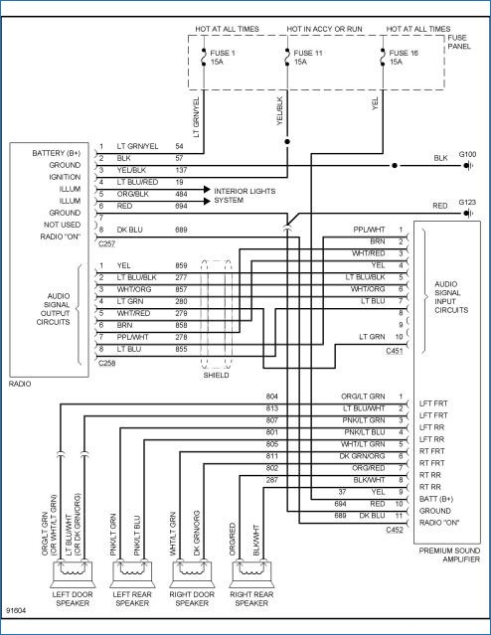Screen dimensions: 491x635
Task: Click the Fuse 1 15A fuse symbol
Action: (204, 57)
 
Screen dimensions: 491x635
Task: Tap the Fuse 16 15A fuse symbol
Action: (383, 57)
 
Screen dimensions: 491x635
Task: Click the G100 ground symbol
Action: (469, 166)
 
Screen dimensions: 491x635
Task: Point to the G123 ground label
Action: (467, 202)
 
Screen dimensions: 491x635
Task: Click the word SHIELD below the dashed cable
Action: (216, 375)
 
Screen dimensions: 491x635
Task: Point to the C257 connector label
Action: (107, 243)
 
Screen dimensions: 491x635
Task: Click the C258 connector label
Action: (107, 363)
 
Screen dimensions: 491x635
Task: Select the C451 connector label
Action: (395, 351)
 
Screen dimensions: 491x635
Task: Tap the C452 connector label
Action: (395, 530)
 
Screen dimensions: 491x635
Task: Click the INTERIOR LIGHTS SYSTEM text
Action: (245, 196)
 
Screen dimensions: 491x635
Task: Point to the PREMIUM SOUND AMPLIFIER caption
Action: (449, 555)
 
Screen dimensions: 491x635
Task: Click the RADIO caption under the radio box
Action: (20, 384)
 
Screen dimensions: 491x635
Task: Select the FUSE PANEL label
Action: (459, 42)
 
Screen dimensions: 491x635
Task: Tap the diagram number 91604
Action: (16, 610)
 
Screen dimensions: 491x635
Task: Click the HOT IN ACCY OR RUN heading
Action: (324, 29)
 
